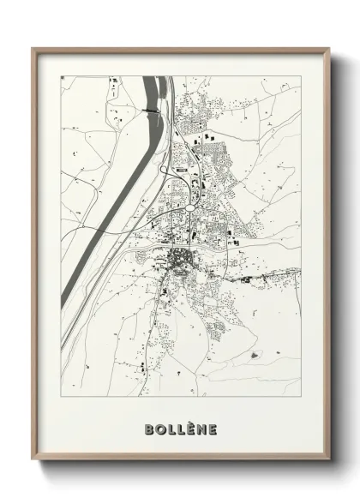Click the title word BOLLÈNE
click(x=181, y=429)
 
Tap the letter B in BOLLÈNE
click(x=150, y=429)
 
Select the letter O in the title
click(x=160, y=429)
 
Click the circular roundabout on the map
click(x=189, y=207)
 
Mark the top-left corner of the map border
click(x=61, y=76)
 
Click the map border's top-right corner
click(x=301, y=76)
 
